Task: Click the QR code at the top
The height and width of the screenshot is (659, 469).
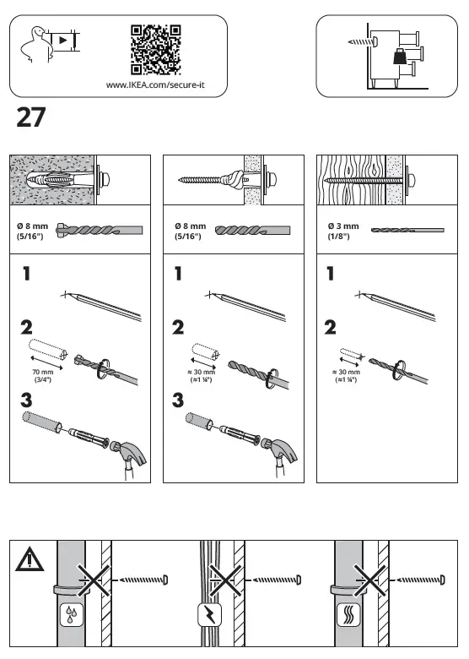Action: pos(156,49)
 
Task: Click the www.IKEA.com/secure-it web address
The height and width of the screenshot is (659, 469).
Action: pos(156,84)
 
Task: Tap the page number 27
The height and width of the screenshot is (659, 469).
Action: pos(30,118)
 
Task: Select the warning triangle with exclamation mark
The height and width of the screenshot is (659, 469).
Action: pos(29,558)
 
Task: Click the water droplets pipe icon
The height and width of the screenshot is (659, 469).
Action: pos(69,616)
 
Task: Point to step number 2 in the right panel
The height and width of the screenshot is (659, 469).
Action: pos(330,325)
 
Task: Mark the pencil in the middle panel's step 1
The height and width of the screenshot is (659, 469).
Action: pos(253,305)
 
